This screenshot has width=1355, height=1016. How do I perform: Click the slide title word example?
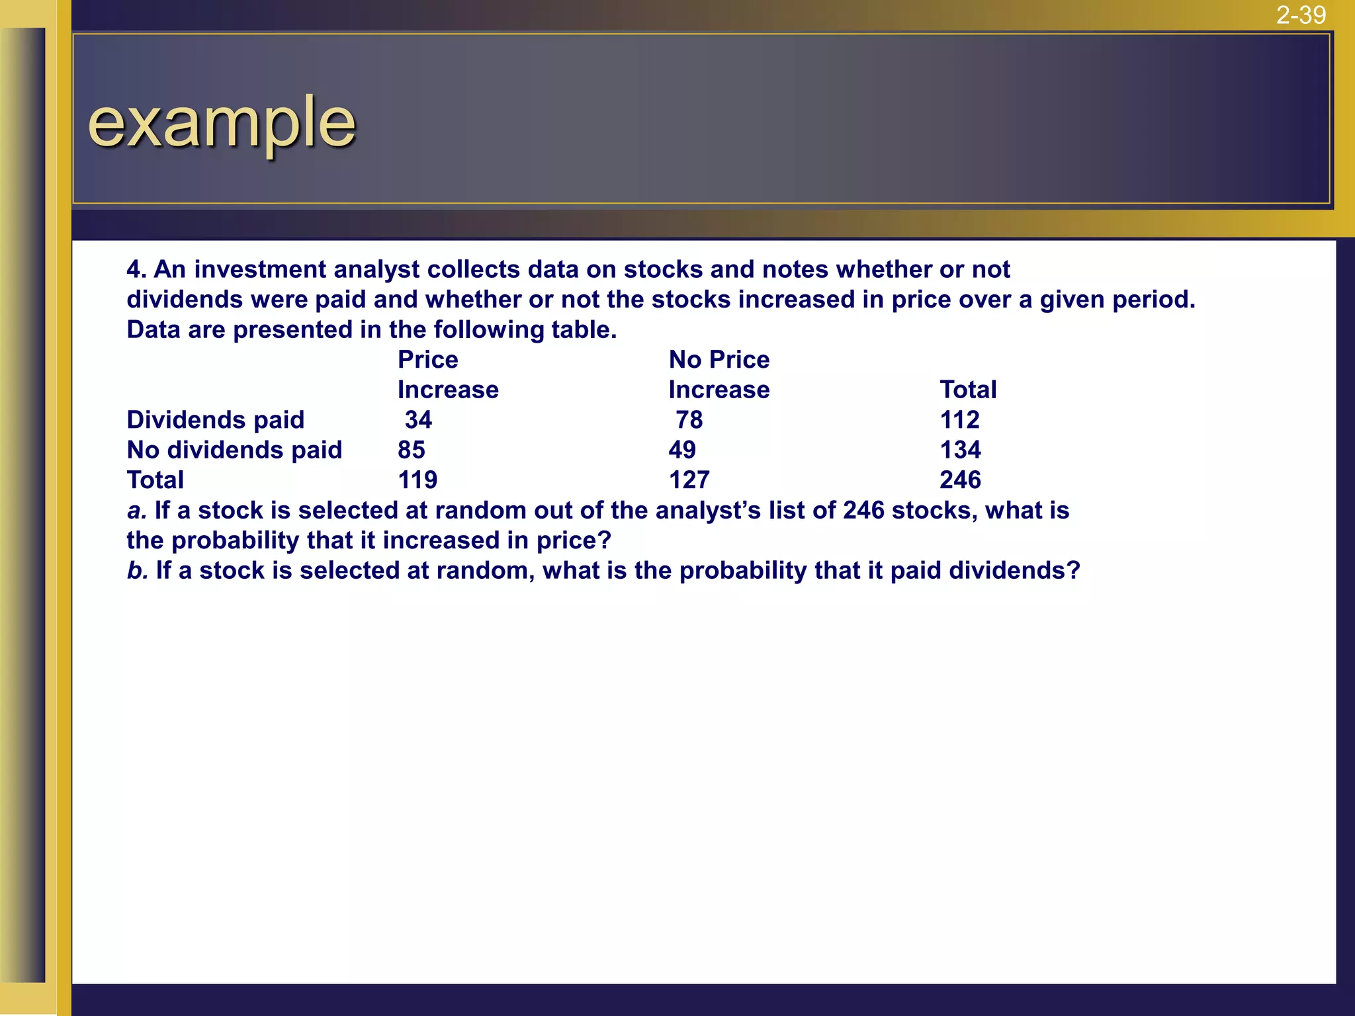pos(222,123)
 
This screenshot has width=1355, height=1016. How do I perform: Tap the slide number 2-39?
pos(1301,15)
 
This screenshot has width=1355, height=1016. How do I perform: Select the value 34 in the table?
pos(418,420)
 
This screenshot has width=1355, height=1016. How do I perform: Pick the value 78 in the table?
pos(689,420)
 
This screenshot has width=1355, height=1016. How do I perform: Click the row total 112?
pos(959,420)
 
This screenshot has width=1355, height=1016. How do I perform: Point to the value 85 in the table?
pos(412,450)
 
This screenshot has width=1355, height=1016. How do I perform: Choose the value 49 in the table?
pos(682,450)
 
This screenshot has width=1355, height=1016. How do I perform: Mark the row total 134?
pos(960,450)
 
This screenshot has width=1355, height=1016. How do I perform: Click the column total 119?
pos(417,480)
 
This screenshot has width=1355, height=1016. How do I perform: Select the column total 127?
pos(689,480)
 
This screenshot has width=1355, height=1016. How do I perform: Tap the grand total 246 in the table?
pos(960,480)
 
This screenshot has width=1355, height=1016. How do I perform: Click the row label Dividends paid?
pos(216,420)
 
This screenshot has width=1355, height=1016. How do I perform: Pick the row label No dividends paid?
pos(234,450)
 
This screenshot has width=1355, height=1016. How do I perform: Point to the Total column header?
pos(968,390)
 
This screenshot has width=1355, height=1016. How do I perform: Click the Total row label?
pos(155,480)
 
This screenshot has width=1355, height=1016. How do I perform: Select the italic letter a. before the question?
pos(136,511)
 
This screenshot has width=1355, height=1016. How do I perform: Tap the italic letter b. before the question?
pos(137,571)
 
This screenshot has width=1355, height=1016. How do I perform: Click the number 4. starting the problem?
pos(136,270)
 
